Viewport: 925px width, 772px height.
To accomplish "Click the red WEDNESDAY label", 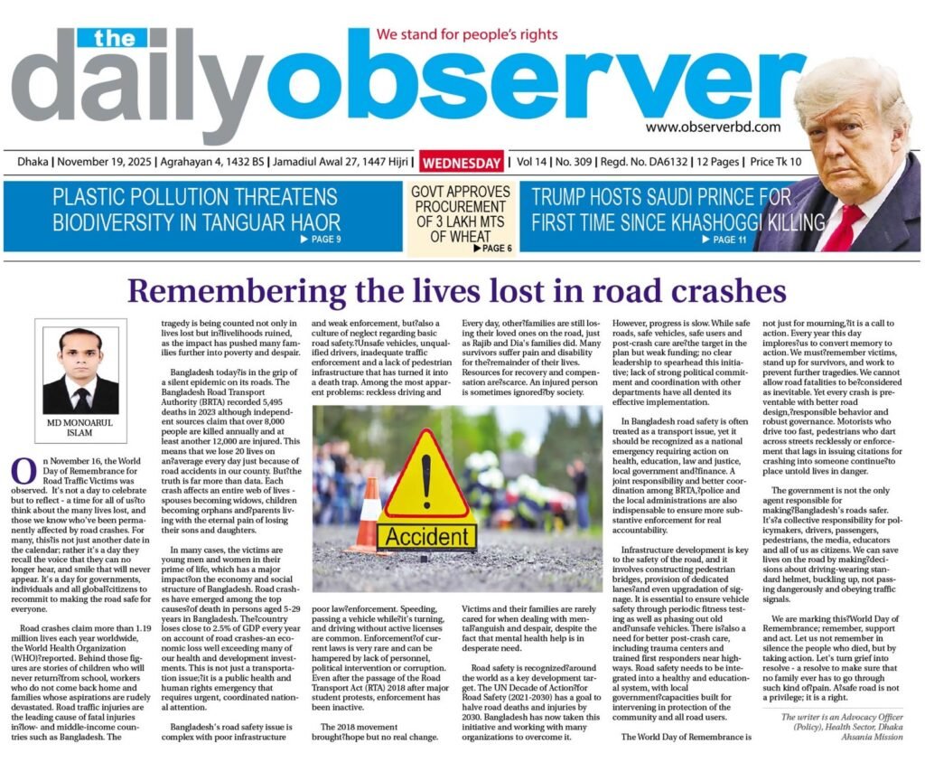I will tap(461, 164).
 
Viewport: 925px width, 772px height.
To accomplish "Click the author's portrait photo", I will tap(81, 371).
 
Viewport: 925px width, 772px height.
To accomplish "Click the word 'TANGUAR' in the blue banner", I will tap(239, 221).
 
